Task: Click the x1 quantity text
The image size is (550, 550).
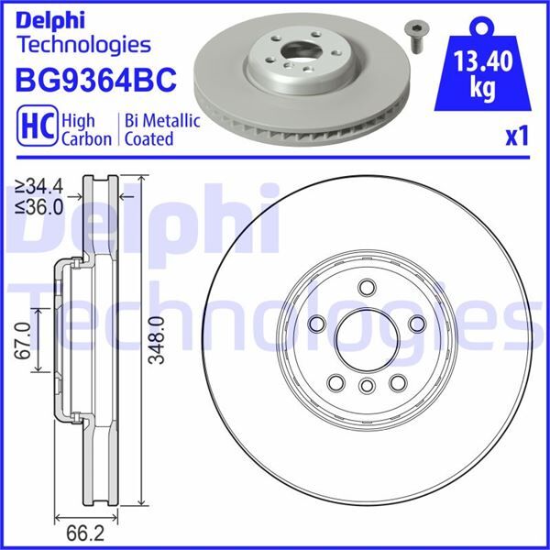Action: (518, 137)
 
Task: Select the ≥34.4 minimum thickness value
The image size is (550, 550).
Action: (40, 187)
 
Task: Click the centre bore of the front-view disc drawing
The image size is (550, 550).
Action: (366, 337)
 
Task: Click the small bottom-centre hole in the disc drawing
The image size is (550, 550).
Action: (366, 385)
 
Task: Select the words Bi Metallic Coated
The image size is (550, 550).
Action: (148, 129)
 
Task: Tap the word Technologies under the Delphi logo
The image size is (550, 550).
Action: (83, 43)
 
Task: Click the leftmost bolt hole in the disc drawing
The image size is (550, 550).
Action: (316, 323)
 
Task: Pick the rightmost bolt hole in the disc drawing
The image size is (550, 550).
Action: (415, 323)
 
